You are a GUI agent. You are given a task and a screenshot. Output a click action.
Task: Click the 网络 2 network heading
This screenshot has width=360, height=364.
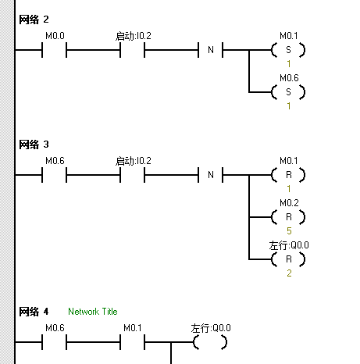(x=34, y=20)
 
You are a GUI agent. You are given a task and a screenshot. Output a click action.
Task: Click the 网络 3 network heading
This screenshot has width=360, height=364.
(x=34, y=145)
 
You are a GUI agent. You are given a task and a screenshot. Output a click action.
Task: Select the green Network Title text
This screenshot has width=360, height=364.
(x=93, y=312)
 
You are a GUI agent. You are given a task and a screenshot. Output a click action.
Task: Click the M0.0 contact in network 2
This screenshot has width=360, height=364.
(x=55, y=50)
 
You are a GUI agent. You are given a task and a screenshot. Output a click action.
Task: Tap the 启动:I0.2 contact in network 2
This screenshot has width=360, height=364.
(x=132, y=50)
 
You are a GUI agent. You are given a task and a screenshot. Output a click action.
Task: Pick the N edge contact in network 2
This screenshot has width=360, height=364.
(x=211, y=50)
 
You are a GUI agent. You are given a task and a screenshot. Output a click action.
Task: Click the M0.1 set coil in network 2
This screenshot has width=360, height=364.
(x=288, y=50)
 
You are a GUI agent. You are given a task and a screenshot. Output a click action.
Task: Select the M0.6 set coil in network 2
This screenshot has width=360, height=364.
(x=288, y=92)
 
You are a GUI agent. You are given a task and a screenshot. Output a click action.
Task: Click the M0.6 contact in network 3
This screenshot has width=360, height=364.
(x=55, y=175)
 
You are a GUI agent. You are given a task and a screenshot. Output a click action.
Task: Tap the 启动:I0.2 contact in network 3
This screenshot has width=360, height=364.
(x=132, y=175)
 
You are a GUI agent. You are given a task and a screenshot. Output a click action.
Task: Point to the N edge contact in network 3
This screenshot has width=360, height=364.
(x=211, y=175)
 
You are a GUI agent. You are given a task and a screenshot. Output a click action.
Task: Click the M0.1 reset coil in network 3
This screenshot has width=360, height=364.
(x=288, y=175)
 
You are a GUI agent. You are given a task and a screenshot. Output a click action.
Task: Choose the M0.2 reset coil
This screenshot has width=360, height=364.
(x=288, y=217)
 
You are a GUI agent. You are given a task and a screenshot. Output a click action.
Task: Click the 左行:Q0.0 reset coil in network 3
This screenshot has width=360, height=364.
(x=288, y=259)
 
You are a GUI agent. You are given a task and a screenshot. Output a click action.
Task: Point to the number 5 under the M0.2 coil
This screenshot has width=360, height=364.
(x=289, y=231)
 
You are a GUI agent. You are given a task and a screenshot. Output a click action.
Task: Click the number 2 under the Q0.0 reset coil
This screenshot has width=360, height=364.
(x=289, y=273)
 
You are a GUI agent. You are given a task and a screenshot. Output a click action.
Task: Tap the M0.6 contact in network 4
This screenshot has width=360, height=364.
(x=55, y=342)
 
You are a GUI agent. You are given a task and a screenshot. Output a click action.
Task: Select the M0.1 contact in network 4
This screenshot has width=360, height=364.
(x=132, y=342)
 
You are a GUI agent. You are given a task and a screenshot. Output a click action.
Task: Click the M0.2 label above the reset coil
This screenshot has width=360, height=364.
(x=289, y=203)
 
